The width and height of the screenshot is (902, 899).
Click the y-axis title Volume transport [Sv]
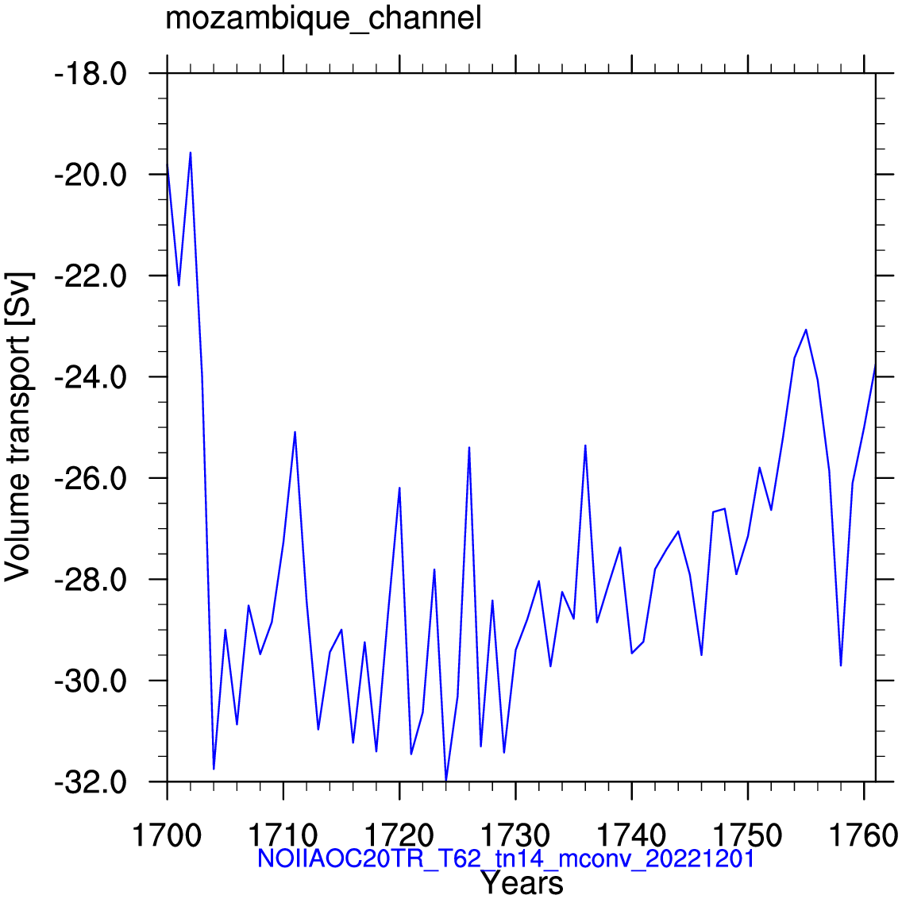[17, 426]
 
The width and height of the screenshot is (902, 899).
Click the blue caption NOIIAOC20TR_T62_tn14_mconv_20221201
[506, 858]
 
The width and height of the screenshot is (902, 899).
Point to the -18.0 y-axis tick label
[91, 74]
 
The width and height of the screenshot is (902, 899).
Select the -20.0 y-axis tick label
[91, 175]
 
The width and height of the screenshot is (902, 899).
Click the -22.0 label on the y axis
[91, 276]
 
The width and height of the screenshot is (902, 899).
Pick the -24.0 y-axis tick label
[91, 377]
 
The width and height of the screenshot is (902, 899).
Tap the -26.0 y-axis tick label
[91, 479]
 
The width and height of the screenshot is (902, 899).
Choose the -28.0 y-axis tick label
[91, 581]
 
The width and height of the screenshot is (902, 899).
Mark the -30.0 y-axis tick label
[91, 681]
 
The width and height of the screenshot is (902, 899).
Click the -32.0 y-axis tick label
[91, 783]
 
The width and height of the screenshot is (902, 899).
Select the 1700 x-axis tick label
[168, 835]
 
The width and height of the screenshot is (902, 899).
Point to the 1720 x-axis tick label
[399, 835]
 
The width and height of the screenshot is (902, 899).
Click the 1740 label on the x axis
[631, 835]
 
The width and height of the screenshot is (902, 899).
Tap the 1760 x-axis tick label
[863, 835]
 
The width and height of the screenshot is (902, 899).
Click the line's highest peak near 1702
[191, 152]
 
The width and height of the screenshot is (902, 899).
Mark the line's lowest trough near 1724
[445, 780]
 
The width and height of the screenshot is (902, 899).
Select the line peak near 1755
[806, 330]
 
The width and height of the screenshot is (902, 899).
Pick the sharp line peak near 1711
[295, 432]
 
